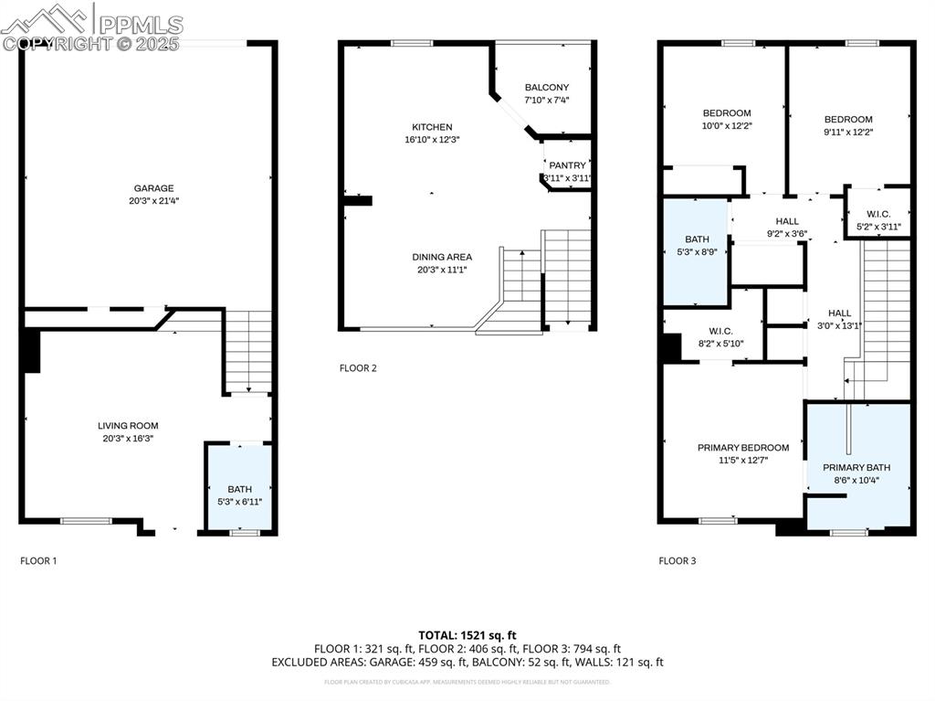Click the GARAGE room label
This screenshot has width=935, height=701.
click(153, 188)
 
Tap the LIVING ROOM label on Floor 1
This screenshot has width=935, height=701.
click(128, 425)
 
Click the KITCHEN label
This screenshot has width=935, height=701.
click(432, 127)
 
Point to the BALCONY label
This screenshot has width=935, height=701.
click(546, 88)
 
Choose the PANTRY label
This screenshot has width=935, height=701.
click(567, 165)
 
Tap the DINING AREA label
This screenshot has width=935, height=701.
click(441, 257)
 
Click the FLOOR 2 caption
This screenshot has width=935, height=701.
click(358, 368)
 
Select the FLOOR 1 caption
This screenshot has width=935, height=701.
click(38, 561)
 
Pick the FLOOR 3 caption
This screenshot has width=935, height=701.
click(678, 561)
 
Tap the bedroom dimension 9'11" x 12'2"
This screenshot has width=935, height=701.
click(848, 132)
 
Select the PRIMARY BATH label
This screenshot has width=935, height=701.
click(856, 467)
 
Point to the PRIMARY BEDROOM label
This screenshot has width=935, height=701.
click(743, 447)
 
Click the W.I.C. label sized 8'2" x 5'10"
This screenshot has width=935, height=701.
click(720, 331)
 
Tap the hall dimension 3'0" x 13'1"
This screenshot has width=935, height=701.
click(839, 324)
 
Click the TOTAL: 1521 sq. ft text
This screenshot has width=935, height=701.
click(467, 634)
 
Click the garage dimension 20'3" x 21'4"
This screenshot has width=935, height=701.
click(153, 201)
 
